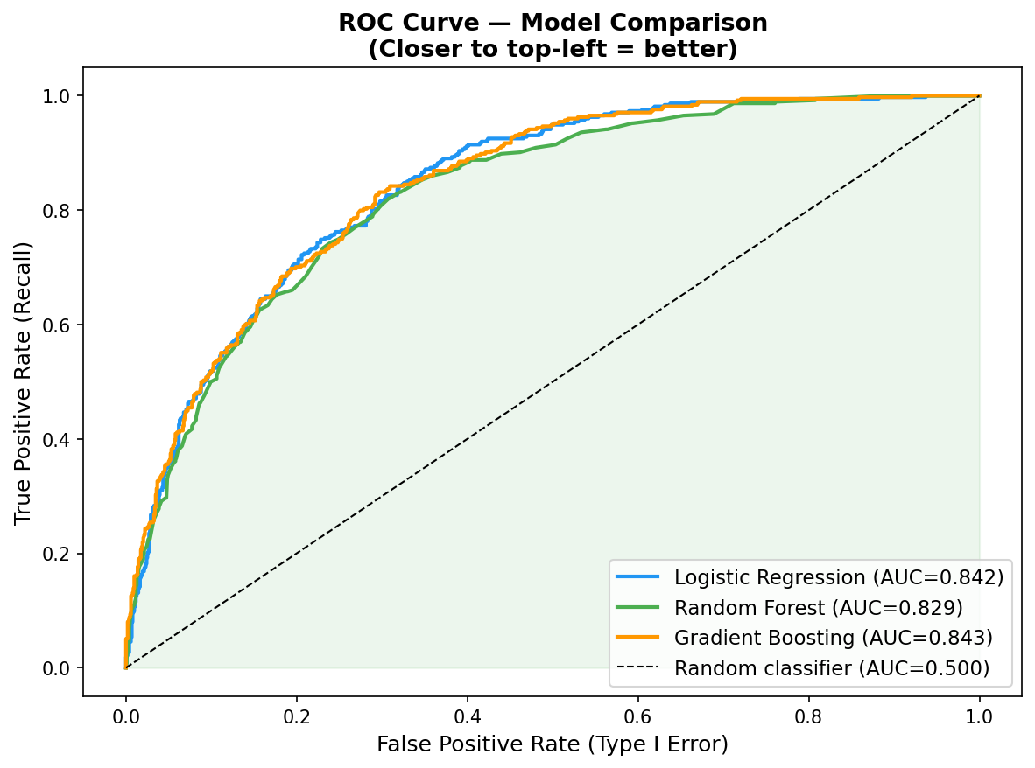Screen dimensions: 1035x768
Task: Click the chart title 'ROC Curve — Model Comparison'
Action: coord(553,23)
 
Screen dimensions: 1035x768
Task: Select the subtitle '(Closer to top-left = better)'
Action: coord(553,49)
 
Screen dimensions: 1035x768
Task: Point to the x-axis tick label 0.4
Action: coord(468,716)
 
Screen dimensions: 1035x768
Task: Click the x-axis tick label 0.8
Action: coord(808,716)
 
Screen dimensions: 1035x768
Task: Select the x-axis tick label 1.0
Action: coord(980,716)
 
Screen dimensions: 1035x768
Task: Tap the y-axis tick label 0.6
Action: coord(57,325)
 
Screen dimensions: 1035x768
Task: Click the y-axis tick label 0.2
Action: coord(57,554)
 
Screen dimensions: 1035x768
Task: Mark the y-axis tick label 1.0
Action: coord(57,96)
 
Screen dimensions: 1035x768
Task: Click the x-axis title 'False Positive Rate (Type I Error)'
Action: coord(553,744)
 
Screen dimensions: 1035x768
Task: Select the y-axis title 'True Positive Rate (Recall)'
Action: coord(23,382)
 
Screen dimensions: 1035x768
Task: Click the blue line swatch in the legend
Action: coord(637,576)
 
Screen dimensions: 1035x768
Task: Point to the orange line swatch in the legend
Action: coord(637,637)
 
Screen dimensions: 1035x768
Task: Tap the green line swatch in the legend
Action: coord(637,606)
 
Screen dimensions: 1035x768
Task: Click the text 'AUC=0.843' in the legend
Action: coord(927,638)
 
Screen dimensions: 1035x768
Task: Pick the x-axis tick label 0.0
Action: coord(126,716)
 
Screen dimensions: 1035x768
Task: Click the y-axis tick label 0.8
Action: coord(57,210)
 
